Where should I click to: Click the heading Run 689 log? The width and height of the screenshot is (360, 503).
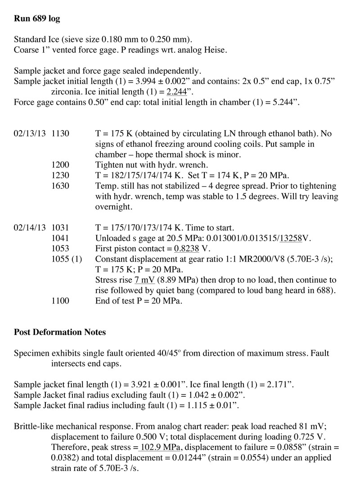pyautogui.click(x=37, y=19)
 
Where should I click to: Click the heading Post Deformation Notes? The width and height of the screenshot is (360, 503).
pyautogui.click(x=60, y=332)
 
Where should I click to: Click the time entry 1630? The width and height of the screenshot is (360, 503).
pyautogui.click(x=60, y=186)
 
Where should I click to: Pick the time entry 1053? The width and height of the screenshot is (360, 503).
pyautogui.click(x=60, y=249)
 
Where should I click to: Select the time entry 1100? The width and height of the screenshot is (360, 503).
pyautogui.click(x=60, y=301)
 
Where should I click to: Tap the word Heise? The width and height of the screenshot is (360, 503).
pyautogui.click(x=216, y=50)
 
